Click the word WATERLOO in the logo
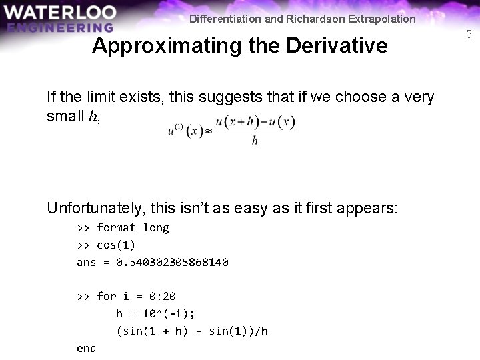click(59, 12)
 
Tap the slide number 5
click(469, 34)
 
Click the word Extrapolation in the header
click(381, 19)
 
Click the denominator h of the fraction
click(255, 141)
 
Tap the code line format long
click(133, 227)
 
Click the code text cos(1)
click(116, 245)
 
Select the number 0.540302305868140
click(172, 262)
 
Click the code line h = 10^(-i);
click(155, 313)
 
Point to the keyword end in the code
click(87, 348)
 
